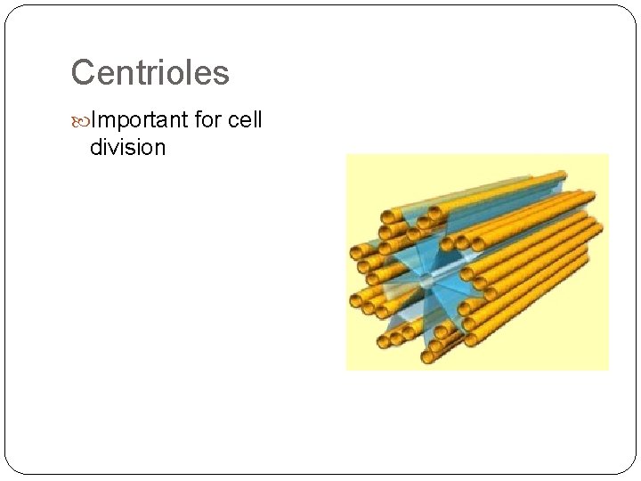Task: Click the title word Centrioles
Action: coord(150,72)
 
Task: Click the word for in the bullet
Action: coord(210,120)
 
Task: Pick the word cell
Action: coord(245,120)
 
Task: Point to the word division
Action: coord(127,147)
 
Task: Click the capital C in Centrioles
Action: coord(82,72)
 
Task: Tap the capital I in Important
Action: coord(93,120)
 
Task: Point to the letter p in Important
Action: coord(117,122)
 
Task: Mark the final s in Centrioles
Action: coord(222,74)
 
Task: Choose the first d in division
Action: coord(96,147)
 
